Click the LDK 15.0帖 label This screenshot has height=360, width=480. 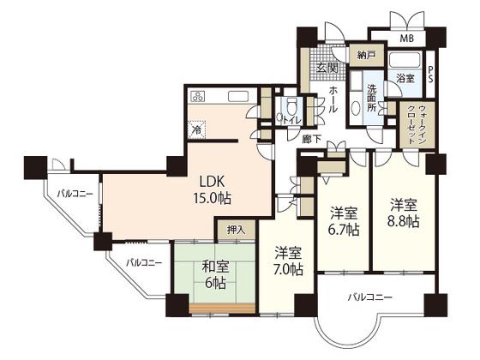pos(212,190)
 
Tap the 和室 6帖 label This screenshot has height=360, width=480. pos(215,275)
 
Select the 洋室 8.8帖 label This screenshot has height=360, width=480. pos(404,213)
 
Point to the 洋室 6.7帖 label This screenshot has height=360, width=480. pos(344,221)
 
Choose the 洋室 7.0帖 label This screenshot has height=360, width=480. pos(288,261)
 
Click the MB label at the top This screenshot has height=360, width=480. pos(407,39)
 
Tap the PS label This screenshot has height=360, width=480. pos(430,75)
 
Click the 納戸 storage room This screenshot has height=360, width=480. pos(367,56)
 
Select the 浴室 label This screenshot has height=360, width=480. pos(405,79)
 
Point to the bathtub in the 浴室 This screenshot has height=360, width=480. pos(405,60)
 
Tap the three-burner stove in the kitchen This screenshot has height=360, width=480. pos(197,96)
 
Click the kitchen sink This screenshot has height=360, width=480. pos(238,96)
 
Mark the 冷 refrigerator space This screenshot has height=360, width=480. pos(196,129)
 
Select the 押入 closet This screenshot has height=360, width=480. pos(236,230)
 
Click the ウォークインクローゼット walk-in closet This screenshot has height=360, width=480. pos(417,125)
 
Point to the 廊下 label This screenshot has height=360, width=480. pos(311,139)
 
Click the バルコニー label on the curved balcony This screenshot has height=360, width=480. pos(369,297)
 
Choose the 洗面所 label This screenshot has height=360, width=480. pos(372,98)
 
